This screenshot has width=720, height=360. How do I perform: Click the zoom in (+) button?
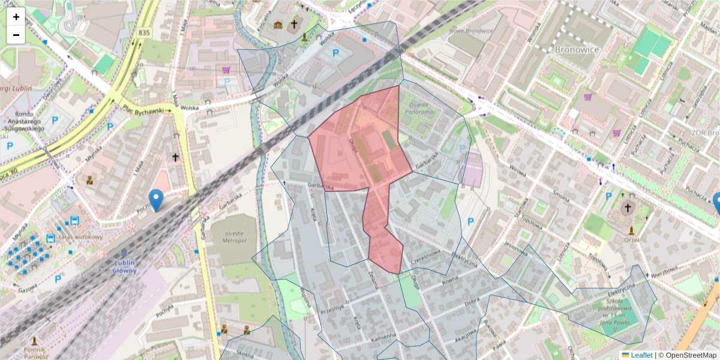point(16,17)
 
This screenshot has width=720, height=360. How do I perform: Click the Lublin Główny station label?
point(125,266)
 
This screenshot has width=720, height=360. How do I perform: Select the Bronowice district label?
point(577,49)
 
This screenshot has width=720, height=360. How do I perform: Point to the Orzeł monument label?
point(631,239)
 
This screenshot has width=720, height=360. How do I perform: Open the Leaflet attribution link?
point(641,355)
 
